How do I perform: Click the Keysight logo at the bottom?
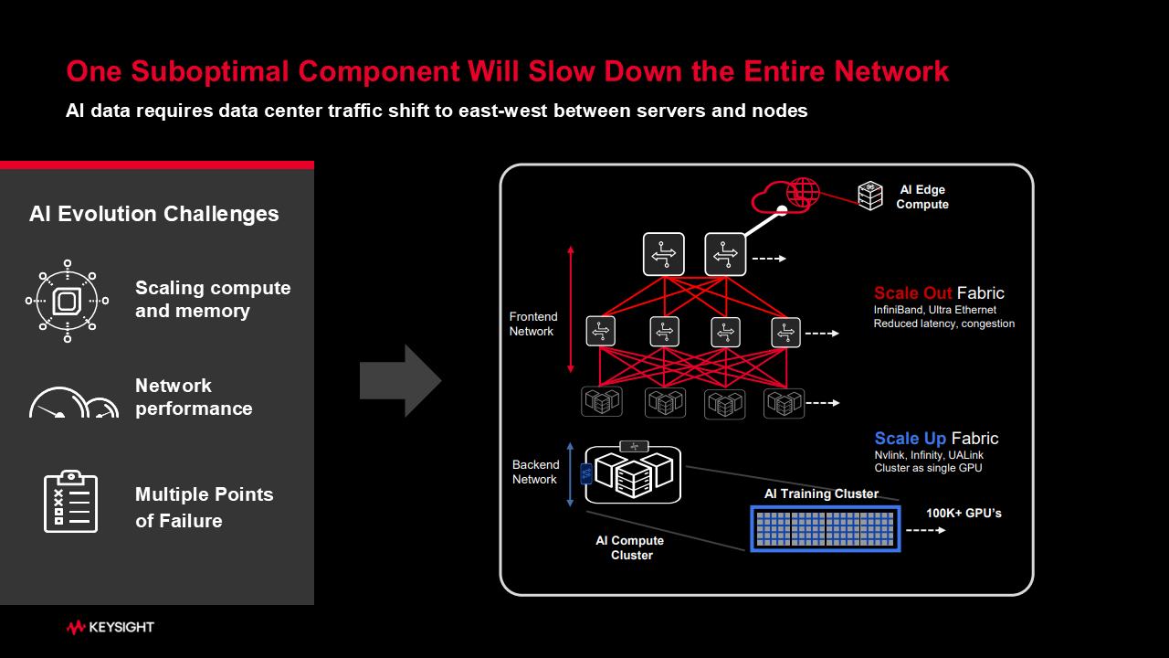pos(111,627)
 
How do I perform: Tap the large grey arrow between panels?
pos(400,381)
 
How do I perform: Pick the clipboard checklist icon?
pos(71,501)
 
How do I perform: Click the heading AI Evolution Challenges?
pos(154,214)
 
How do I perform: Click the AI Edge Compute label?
pos(922,197)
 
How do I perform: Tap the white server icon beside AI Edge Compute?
pos(869,194)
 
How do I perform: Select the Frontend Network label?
pos(532,324)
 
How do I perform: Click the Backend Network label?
pos(534,472)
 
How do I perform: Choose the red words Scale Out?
pos(912,293)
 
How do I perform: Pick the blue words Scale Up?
pos(910,439)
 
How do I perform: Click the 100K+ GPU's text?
pos(964,514)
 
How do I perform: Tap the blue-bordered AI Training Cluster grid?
pos(826,529)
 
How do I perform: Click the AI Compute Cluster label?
pos(630,547)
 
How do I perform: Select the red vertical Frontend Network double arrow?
pos(571,309)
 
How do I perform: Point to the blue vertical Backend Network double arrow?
pos(570,473)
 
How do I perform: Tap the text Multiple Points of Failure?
pos(205,507)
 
